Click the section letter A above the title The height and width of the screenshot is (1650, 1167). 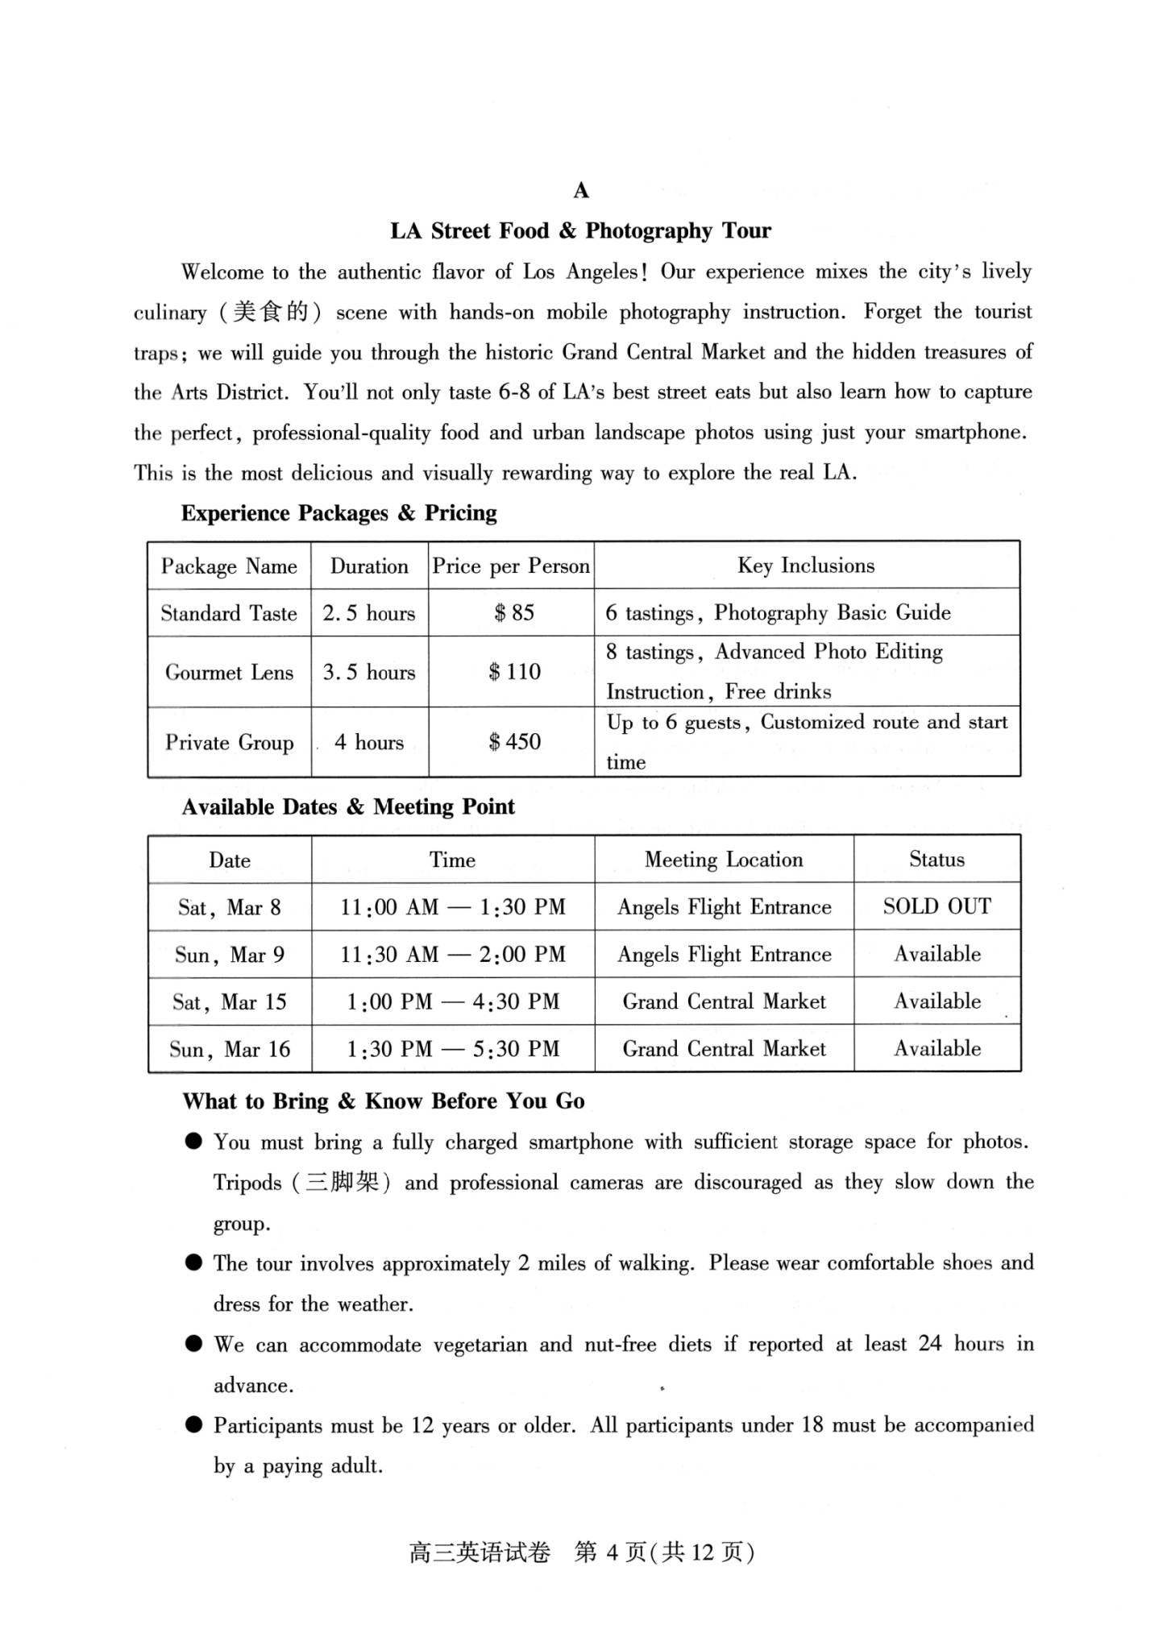click(581, 191)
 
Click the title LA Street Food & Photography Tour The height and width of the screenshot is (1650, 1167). click(580, 231)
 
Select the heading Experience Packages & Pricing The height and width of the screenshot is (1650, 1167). click(338, 513)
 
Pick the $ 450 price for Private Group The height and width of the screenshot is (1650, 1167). click(514, 742)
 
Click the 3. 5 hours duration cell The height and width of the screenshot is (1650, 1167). click(369, 672)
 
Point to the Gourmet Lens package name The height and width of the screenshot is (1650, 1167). click(229, 672)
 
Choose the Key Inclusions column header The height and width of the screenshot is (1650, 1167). click(806, 566)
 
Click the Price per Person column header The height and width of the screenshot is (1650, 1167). click(511, 566)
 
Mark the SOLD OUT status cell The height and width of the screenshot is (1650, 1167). click(937, 906)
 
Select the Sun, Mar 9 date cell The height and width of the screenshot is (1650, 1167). click(230, 955)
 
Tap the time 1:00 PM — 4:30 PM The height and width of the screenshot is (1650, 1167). click(453, 1001)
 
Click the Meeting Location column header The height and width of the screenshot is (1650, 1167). click(724, 860)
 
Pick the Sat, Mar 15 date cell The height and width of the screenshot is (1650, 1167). click(230, 1001)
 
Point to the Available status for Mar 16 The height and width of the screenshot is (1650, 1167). click(937, 1048)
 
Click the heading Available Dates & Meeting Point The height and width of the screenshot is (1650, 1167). click(348, 807)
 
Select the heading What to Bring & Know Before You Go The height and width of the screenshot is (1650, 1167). click(384, 1101)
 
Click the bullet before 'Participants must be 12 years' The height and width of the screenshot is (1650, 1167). click(193, 1424)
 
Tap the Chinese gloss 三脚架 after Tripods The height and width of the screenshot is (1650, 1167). click(341, 1183)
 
